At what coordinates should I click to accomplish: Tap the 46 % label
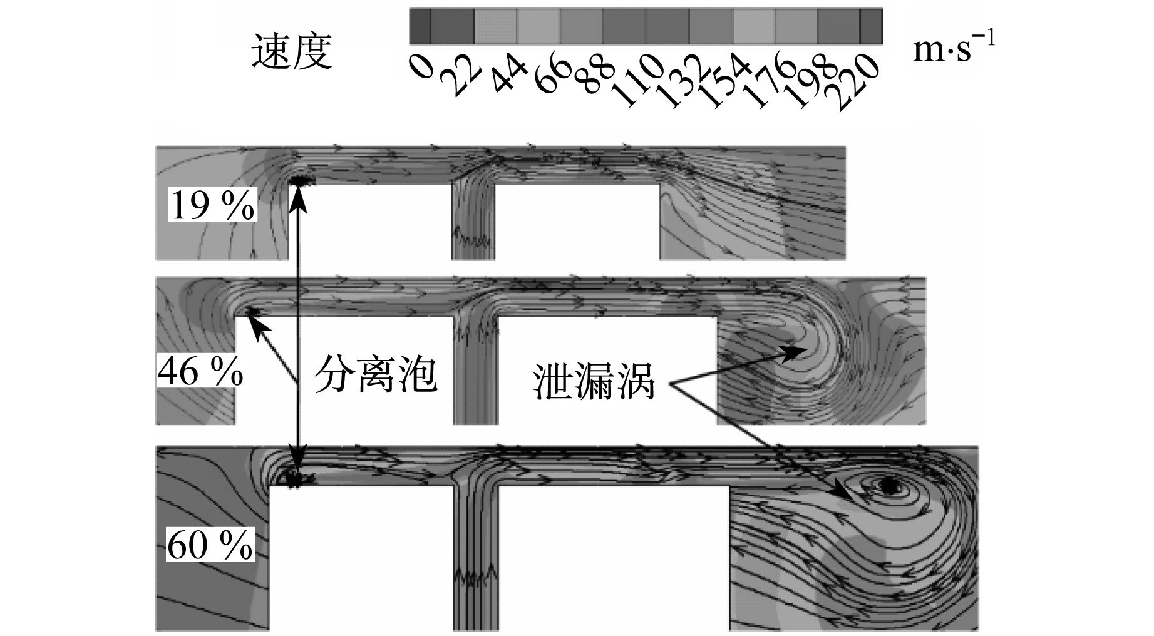pyautogui.click(x=200, y=372)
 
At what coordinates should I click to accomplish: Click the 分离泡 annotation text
pyautogui.click(x=375, y=374)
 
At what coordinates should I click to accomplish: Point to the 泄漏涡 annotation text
pyautogui.click(x=594, y=381)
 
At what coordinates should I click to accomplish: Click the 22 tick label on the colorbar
pyautogui.click(x=461, y=74)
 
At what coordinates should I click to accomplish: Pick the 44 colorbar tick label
pyautogui.click(x=508, y=74)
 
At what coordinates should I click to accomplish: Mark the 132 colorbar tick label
pyautogui.click(x=681, y=81)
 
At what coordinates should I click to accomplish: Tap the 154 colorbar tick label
pyautogui.click(x=724, y=81)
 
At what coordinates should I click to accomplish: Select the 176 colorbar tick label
pyautogui.click(x=767, y=81)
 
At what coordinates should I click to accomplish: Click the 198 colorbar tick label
pyautogui.click(x=810, y=81)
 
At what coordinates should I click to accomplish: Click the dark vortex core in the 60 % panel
pyautogui.click(x=887, y=485)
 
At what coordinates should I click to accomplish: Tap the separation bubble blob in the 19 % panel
pyautogui.click(x=304, y=181)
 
